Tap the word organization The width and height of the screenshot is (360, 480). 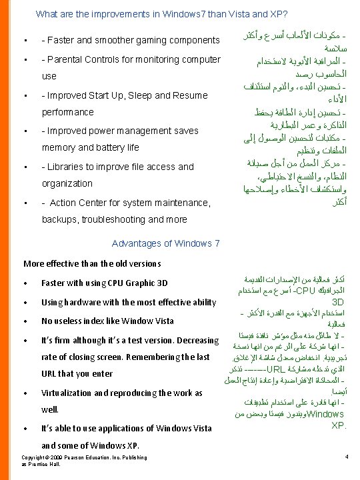coord(67,183)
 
